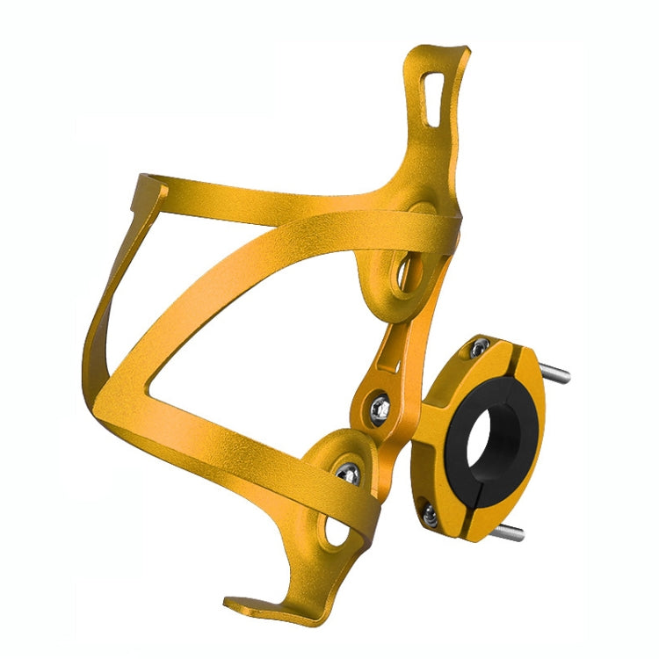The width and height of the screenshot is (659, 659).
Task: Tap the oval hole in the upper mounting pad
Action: (x=407, y=273)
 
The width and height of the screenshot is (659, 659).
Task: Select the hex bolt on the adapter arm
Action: (x=379, y=406)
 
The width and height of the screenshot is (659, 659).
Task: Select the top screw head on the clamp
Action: (x=479, y=350)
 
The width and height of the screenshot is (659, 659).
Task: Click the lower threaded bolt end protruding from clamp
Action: (x=511, y=532)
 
